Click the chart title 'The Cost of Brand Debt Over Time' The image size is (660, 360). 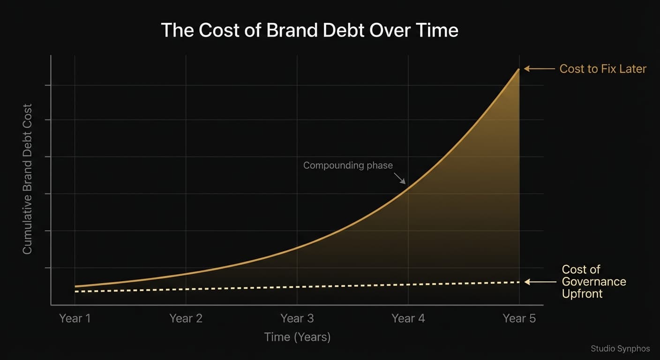(309, 30)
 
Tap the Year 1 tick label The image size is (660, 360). (75, 319)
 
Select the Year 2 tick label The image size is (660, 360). (186, 319)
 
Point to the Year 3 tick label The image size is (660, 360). (297, 319)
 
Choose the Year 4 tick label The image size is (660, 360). (408, 319)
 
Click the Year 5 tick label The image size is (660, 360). (519, 319)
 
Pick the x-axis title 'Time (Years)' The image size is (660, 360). (297, 337)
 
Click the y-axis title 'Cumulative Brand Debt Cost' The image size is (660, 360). (28, 179)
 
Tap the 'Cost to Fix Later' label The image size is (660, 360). (603, 69)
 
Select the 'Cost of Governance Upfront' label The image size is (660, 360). (594, 282)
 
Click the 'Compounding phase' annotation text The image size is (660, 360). (348, 165)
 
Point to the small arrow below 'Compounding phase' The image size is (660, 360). (400, 178)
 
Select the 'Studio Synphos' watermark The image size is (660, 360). (620, 348)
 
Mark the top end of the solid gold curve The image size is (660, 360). (518, 69)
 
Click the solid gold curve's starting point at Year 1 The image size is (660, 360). (75, 286)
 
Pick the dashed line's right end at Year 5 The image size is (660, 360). (518, 282)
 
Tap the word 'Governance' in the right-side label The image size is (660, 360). (594, 282)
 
